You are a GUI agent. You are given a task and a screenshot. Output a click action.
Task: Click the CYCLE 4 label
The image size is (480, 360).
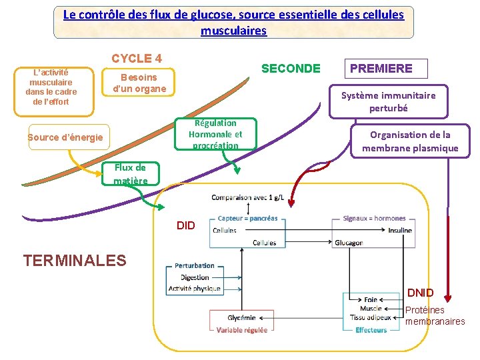pos(137,59)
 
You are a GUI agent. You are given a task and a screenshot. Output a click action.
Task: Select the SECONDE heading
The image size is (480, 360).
pos(291,68)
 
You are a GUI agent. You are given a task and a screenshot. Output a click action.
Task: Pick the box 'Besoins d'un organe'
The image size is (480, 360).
pos(139,83)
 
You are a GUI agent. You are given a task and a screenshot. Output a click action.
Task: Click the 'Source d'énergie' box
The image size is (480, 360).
pos(65,137)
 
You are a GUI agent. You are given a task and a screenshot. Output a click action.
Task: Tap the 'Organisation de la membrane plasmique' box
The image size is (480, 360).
pos(410,141)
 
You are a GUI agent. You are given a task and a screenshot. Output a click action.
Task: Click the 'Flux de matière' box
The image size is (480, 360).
pos(130,174)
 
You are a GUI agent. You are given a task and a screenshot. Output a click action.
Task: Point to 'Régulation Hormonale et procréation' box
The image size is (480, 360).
pos(215,134)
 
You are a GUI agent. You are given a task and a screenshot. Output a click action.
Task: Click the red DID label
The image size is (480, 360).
pos(186,226)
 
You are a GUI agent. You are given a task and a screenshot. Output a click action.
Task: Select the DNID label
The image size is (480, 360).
pos(420,293)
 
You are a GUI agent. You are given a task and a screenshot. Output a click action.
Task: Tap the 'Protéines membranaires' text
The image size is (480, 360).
pos(435,315)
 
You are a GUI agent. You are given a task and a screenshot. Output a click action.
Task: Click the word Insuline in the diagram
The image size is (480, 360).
pos(399,231)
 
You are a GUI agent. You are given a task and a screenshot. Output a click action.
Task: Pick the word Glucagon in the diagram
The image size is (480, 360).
pos(349,243)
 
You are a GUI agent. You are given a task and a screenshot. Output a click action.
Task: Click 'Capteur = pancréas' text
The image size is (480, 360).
pos(247,219)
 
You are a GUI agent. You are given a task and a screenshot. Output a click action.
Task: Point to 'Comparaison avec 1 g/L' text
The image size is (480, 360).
pos(247,197)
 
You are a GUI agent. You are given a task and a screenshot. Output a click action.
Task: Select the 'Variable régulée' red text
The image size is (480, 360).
pos(242,329)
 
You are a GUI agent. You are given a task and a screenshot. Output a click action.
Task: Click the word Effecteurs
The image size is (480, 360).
pos(371,329)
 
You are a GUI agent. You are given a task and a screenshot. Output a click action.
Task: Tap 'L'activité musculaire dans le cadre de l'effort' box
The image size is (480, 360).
pos(51,87)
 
